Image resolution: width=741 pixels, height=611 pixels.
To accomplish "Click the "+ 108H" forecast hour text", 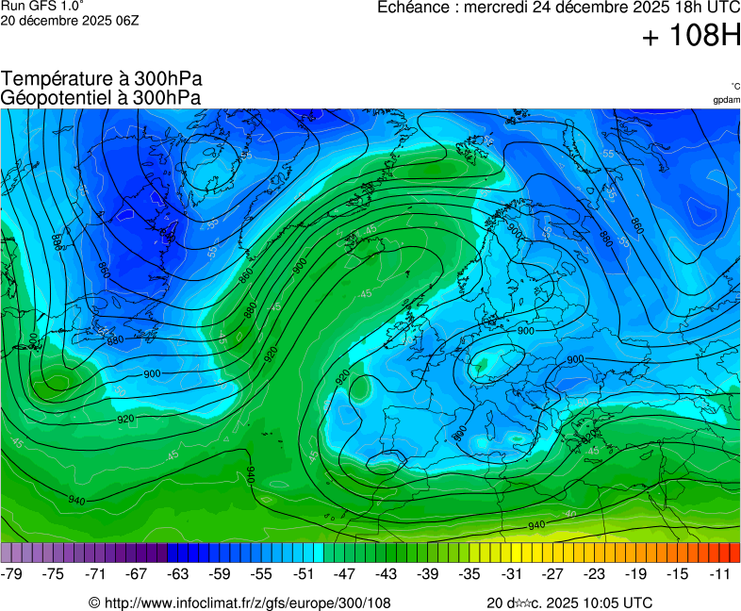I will tap(691, 37).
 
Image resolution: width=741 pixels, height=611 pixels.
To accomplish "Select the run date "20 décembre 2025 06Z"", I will tap(70, 20).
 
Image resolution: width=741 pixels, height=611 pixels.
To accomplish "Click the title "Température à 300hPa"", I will tap(102, 79).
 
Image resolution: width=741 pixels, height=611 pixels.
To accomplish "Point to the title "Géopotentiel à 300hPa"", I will tap(101, 96).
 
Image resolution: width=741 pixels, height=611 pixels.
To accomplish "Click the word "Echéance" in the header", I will tap(414, 8).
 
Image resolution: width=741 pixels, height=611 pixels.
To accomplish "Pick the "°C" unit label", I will tap(734, 87).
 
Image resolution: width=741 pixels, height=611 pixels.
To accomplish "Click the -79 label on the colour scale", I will tap(12, 573).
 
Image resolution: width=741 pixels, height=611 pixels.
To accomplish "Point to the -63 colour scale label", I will tap(178, 573).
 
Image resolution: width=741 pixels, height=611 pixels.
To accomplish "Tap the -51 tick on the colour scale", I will tap(303, 573).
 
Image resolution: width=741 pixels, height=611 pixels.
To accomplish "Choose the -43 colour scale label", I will tap(387, 573).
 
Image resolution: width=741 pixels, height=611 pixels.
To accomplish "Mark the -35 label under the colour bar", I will tap(469, 573).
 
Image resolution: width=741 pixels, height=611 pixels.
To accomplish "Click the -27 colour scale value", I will tap(552, 573).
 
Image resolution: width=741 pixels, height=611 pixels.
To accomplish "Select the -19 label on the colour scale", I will tap(635, 573).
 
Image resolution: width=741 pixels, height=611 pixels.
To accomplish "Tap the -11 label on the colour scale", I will tap(719, 573).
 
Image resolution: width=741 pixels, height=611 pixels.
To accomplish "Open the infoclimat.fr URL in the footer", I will tap(247, 603).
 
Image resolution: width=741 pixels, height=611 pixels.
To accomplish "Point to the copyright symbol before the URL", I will tap(94, 603).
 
